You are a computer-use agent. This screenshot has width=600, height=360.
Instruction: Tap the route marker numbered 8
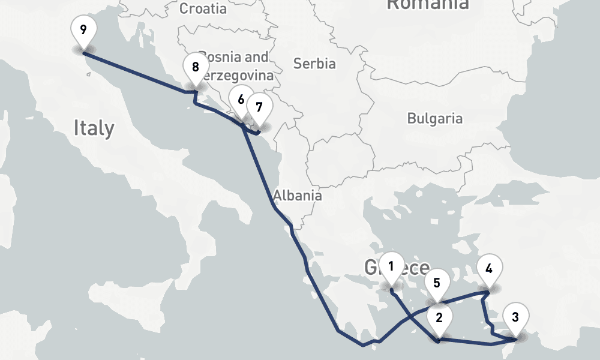point(195,67)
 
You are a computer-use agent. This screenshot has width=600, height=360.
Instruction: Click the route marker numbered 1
point(391,265)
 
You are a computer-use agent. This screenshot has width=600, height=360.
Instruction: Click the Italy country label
point(94,128)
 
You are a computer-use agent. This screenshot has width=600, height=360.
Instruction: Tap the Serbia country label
point(314,63)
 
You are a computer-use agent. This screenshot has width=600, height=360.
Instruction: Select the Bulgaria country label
point(435,118)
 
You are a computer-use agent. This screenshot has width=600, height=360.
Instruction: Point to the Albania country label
point(297,196)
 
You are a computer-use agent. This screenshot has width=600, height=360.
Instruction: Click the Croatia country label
point(203,8)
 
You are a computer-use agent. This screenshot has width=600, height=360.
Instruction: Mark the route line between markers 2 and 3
point(474,343)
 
